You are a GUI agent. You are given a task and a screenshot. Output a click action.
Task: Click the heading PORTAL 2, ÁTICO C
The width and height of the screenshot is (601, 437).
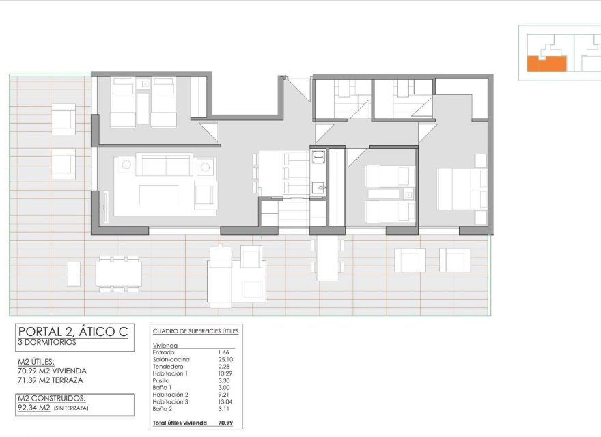point(72,332)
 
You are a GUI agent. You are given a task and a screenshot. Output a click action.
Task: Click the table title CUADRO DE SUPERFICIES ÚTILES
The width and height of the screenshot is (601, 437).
point(195,330)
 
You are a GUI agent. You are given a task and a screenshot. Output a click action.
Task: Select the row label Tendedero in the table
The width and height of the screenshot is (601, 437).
point(168,366)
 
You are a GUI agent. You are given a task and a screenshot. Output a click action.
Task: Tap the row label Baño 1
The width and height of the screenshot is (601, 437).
point(165,387)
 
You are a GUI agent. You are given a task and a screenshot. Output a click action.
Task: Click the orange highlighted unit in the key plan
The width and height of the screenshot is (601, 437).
point(546,64)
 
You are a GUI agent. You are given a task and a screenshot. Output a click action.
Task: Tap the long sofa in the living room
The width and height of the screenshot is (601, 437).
point(164,165)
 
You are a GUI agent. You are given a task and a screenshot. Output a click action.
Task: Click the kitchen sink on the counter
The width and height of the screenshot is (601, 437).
point(318,186)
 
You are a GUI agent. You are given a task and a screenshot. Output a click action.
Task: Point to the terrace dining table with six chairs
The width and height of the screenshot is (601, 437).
point(118,274)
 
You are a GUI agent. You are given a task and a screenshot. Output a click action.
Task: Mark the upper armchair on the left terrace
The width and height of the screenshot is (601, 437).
point(63,119)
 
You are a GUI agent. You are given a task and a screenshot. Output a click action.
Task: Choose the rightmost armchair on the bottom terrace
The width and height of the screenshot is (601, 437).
point(455,260)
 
